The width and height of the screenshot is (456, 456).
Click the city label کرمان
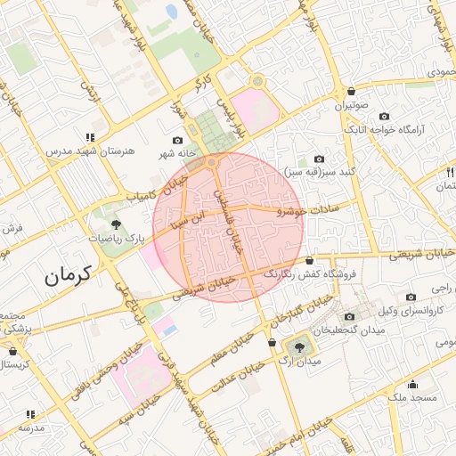coord(67,276)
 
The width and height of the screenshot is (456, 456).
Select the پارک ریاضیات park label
coord(116,239)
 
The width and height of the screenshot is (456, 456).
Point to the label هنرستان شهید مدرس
coord(91,151)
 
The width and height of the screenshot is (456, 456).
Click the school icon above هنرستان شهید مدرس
coord(90,137)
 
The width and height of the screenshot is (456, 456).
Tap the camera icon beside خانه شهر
coord(177,141)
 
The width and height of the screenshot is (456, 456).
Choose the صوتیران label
coord(352,105)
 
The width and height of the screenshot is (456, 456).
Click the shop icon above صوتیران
coord(352,91)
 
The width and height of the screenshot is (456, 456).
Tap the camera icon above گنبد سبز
coord(319,158)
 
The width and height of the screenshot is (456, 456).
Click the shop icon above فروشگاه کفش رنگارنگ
coord(309,261)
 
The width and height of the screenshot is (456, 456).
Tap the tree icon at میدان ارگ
coord(298,346)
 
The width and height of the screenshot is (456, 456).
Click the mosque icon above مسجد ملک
coord(412,384)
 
